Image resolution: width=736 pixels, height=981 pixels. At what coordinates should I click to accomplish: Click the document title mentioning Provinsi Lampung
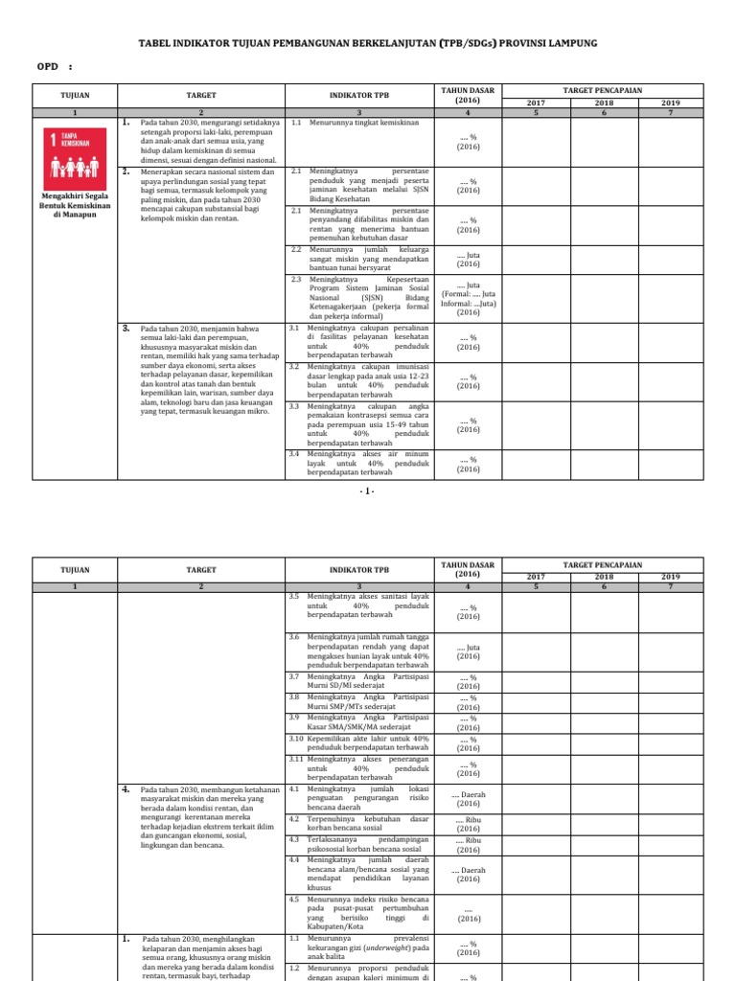(x=368, y=45)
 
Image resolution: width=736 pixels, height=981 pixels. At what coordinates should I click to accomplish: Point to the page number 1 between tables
(x=368, y=491)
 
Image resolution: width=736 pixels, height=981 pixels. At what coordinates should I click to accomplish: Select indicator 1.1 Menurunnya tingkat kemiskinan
(x=352, y=123)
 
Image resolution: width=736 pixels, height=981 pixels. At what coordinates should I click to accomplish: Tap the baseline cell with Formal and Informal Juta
(x=469, y=298)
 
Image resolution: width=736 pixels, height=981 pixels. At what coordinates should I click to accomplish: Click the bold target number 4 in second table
(x=126, y=789)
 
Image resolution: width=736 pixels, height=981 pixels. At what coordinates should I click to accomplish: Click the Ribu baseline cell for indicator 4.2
(x=469, y=824)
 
